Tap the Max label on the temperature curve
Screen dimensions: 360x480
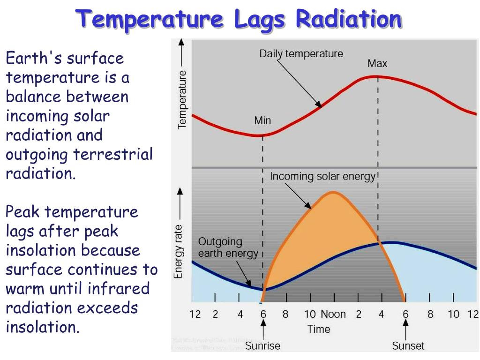click(x=377, y=63)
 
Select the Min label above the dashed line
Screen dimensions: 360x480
click(x=262, y=120)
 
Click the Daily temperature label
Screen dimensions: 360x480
click(x=301, y=53)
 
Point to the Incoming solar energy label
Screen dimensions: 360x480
click(x=323, y=176)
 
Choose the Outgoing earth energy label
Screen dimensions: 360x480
click(x=228, y=247)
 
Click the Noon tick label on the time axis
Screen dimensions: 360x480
click(x=333, y=314)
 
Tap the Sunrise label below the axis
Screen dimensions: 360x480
click(x=262, y=346)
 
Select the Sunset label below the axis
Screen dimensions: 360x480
click(x=408, y=346)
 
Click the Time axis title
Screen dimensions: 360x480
click(x=319, y=329)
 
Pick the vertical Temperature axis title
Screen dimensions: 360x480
click(x=182, y=99)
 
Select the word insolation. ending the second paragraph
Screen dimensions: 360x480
click(x=43, y=327)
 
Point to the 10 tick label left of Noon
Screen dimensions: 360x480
click(x=310, y=314)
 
